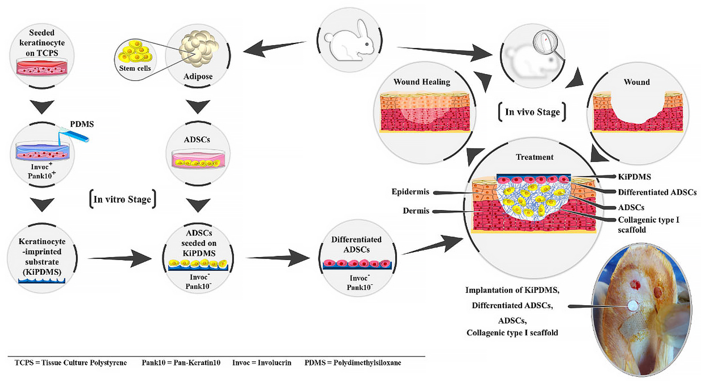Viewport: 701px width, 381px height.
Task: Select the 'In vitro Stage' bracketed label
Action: pos(123,199)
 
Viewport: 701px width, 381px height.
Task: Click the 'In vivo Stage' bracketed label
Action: pos(532,112)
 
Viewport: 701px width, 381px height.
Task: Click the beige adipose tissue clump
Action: pos(199,48)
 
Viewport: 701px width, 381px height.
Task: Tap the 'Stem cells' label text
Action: pos(135,68)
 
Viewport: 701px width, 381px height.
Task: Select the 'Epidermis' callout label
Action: pos(410,192)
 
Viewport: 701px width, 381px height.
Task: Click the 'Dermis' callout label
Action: pos(416,210)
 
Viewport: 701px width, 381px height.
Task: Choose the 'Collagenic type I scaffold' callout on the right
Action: pos(648,224)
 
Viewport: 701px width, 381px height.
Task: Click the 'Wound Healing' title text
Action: pos(422,82)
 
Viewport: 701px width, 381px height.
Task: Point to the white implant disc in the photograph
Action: pos(632,306)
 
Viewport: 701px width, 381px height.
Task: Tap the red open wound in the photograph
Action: pos(635,284)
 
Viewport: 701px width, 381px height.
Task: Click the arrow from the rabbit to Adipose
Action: pos(274,48)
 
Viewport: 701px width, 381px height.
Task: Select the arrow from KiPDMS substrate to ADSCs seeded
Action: pos(120,258)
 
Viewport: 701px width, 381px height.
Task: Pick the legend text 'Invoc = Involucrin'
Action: pos(262,362)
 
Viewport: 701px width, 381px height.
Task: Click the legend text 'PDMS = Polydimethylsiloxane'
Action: pos(353,362)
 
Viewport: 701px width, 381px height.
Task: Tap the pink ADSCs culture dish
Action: pos(198,159)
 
